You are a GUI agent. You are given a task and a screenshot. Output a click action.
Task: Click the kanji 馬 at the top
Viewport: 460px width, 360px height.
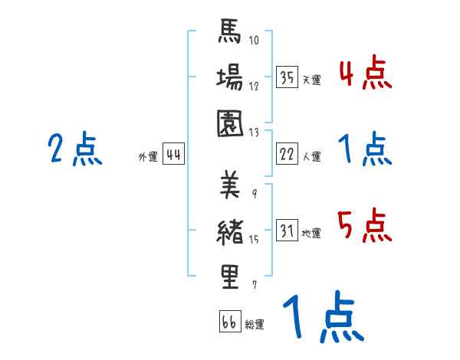[x=229, y=34]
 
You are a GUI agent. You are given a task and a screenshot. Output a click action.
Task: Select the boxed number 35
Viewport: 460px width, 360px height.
[x=287, y=77]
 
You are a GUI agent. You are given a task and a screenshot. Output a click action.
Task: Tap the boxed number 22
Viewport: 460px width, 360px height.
[x=287, y=155]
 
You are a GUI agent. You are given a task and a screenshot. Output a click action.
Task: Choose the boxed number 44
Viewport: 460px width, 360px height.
[x=173, y=155]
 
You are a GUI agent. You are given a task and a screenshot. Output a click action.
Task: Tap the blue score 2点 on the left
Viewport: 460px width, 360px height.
[x=74, y=149]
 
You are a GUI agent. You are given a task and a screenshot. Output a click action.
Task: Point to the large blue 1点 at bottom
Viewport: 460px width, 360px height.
[x=322, y=319]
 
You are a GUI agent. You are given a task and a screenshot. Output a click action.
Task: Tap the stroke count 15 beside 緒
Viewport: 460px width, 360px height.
[x=254, y=241]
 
